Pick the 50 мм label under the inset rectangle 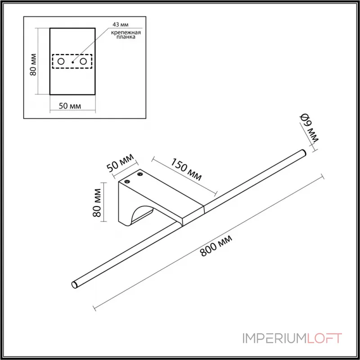click(70, 106)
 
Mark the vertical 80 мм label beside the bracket click(96, 202)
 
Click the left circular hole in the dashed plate click(61, 61)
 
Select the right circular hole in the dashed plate click(83, 61)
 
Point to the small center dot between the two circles click(72, 62)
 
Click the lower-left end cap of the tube click(75, 284)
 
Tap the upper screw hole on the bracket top click(140, 174)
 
